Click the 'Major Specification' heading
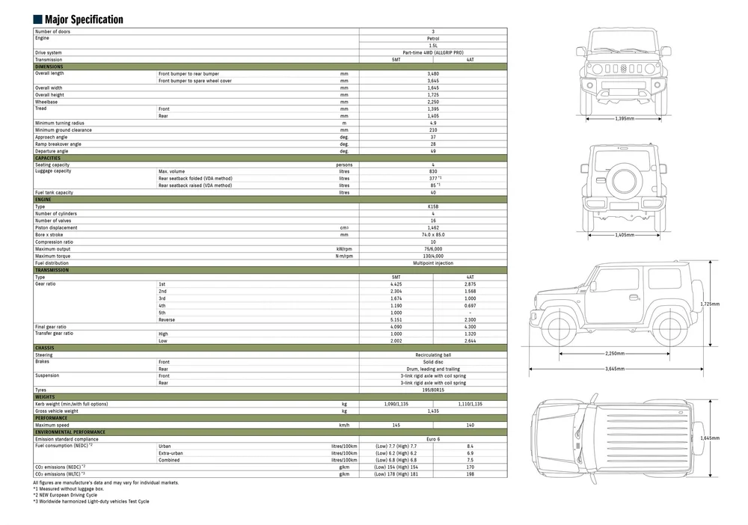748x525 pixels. pyautogui.click(x=84, y=19)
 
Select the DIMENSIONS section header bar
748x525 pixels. pyautogui.click(x=270, y=67)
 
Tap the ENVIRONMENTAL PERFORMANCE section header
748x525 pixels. pyautogui.click(x=270, y=432)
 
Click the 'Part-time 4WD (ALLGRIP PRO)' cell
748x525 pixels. pyautogui.click(x=433, y=52)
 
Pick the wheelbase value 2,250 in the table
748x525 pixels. pyautogui.click(x=433, y=102)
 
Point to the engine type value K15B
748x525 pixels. pyautogui.click(x=433, y=206)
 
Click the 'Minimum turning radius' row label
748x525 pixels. pyautogui.click(x=60, y=123)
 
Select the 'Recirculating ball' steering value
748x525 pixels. pyautogui.click(x=433, y=354)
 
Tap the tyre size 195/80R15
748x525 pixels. pyautogui.click(x=433, y=390)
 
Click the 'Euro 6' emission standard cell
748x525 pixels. pyautogui.click(x=433, y=439)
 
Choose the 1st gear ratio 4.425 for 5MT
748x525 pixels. pyautogui.click(x=396, y=284)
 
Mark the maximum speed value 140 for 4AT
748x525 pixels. pyautogui.click(x=470, y=425)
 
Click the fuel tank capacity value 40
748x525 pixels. pyautogui.click(x=433, y=192)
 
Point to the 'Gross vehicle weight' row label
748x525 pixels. pyautogui.click(x=57, y=411)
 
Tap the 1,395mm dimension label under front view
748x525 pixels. pyautogui.click(x=625, y=118)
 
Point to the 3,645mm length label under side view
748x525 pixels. pyautogui.click(x=615, y=368)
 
